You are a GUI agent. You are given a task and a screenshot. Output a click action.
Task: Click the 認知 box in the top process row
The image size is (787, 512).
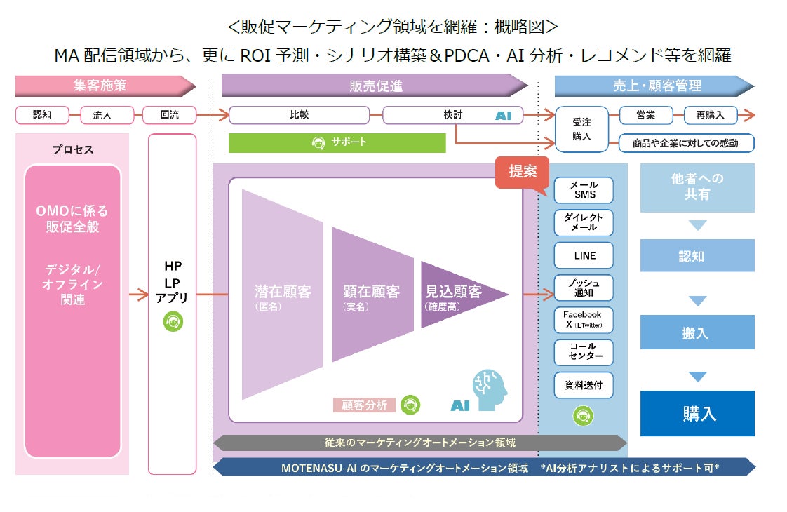[x=42, y=115]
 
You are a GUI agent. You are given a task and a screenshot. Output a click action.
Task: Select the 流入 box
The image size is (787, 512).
[x=102, y=115]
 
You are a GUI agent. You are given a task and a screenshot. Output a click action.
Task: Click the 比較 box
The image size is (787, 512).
[x=300, y=115]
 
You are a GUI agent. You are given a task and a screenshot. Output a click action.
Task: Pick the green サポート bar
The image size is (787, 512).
[x=337, y=142]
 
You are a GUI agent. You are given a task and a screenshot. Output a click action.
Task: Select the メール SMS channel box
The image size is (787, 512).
[x=584, y=190]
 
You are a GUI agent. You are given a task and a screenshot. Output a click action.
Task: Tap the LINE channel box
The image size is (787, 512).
[x=584, y=256]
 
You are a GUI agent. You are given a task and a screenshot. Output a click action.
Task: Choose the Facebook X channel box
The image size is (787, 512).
[x=584, y=321]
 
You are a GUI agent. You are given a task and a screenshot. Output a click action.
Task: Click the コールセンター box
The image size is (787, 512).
[x=584, y=352]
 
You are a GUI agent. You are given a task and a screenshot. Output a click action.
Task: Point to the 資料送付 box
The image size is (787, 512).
[x=584, y=385]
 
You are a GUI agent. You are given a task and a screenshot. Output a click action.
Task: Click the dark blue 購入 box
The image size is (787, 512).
[x=697, y=413]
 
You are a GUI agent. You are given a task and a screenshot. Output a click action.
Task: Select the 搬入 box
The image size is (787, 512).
[x=697, y=333]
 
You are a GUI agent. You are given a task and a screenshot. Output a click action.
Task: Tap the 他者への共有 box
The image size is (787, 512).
[x=697, y=187]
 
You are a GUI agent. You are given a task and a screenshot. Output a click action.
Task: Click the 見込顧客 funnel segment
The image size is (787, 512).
[x=459, y=295]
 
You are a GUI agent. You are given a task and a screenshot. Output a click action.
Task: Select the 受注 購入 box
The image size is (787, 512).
[x=581, y=130]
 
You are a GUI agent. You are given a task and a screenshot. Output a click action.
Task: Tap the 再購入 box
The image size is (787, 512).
[x=715, y=115]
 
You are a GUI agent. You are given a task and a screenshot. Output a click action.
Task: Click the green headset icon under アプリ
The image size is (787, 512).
[x=173, y=322]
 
